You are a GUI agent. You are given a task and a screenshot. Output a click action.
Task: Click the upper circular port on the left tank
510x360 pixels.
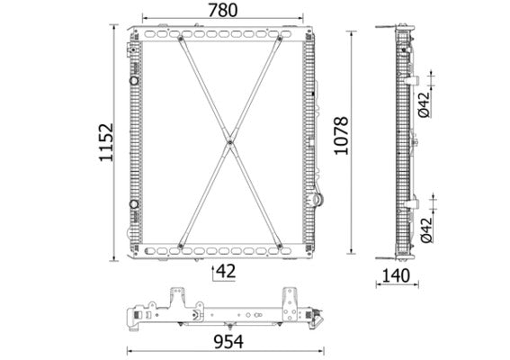click(x=135, y=80)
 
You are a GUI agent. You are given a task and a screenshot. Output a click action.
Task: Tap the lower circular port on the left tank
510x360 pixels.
click(x=135, y=204)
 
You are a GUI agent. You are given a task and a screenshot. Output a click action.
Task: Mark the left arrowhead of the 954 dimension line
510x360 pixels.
click(x=129, y=351)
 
